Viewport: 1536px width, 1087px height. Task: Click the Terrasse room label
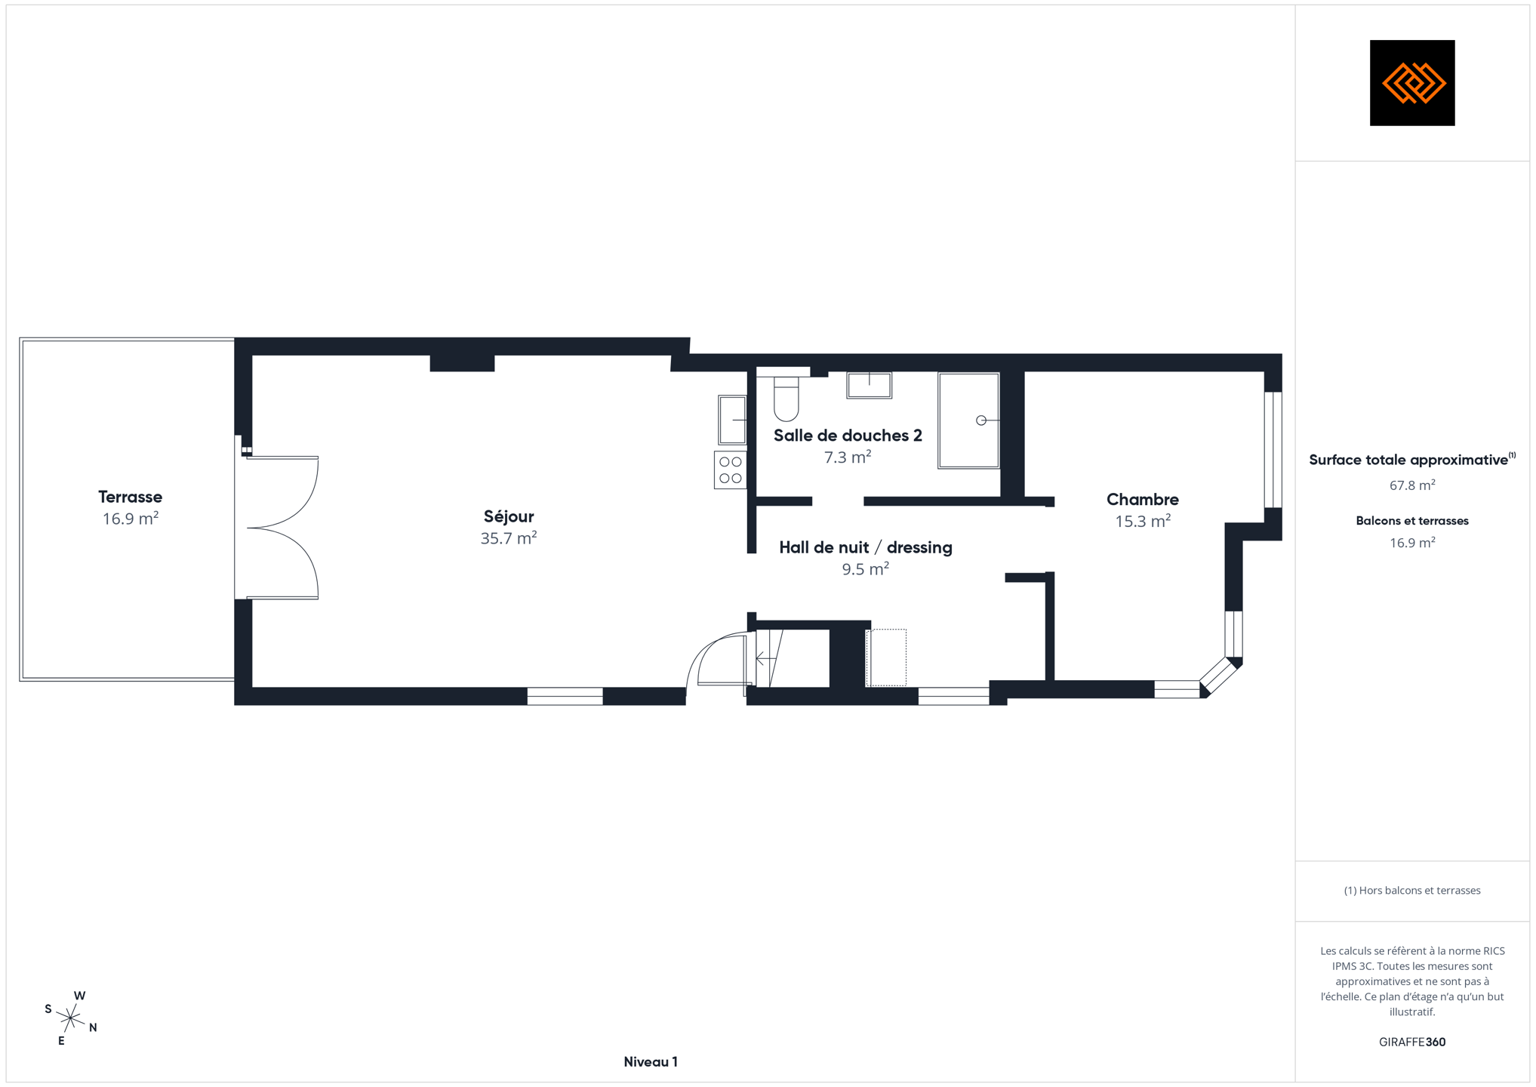[130, 497]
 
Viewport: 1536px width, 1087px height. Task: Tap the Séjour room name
[509, 516]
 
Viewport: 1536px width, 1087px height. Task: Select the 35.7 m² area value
[509, 538]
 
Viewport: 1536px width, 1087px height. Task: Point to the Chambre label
[1142, 499]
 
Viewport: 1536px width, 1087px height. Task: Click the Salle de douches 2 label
[848, 436]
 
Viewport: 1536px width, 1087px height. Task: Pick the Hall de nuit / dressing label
[865, 547]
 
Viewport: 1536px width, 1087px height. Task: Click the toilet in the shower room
[786, 399]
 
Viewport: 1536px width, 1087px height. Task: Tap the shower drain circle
[980, 420]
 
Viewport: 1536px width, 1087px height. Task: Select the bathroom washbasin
[869, 385]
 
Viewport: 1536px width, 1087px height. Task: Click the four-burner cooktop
[730, 470]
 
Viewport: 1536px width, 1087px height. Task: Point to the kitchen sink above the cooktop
[732, 420]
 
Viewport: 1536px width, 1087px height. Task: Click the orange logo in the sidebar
[1412, 83]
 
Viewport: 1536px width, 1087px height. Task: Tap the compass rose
[70, 1018]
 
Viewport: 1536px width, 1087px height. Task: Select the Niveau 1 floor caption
[651, 1062]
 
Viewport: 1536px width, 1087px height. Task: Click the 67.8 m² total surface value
[1412, 485]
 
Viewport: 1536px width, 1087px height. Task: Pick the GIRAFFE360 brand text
[1412, 1042]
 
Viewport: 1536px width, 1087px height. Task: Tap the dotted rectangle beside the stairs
[886, 657]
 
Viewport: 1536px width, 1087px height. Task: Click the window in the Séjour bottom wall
[565, 696]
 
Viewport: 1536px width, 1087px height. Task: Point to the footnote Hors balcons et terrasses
[1412, 891]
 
